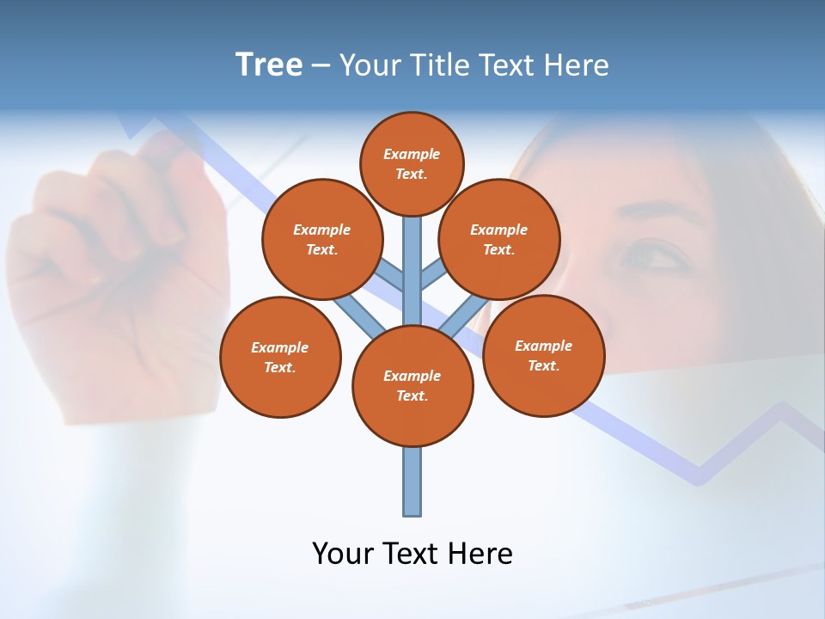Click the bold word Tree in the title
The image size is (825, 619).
tap(269, 64)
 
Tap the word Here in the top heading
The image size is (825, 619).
tap(577, 64)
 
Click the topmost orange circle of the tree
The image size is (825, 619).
tap(412, 163)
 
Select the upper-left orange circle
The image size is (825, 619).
tap(321, 239)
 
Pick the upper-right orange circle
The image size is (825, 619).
tap(498, 239)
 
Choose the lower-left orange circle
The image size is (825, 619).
tap(280, 357)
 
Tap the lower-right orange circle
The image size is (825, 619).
tap(543, 355)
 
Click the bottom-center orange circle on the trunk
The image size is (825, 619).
tap(412, 385)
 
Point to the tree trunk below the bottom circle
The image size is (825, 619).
tap(412, 481)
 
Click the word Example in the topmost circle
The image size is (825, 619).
tap(412, 154)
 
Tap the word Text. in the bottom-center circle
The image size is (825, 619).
tap(412, 395)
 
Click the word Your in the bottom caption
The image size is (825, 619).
tap(341, 553)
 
